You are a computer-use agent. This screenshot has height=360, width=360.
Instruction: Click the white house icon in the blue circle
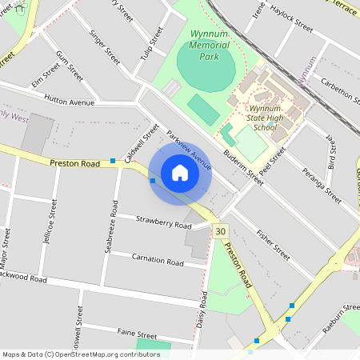point(180,173)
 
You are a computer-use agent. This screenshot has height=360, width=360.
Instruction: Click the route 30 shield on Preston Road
point(222,230)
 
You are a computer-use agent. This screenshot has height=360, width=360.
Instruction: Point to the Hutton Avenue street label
point(70,102)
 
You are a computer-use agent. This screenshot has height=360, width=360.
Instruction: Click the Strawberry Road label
point(162,222)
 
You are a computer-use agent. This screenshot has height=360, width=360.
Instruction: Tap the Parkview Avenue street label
point(189,150)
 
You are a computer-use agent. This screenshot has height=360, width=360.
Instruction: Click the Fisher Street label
point(273,244)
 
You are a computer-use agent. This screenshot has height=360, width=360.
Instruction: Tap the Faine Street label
point(137,334)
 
